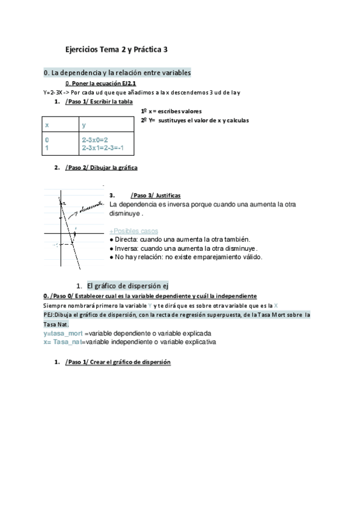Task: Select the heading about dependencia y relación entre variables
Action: [x=117, y=72]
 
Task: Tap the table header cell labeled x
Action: [x=47, y=124]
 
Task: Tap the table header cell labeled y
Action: [x=84, y=124]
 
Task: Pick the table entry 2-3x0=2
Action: [x=95, y=140]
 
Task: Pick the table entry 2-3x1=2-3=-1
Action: [x=106, y=147]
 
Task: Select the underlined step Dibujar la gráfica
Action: [x=102, y=168]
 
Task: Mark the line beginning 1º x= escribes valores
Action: [x=171, y=111]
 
